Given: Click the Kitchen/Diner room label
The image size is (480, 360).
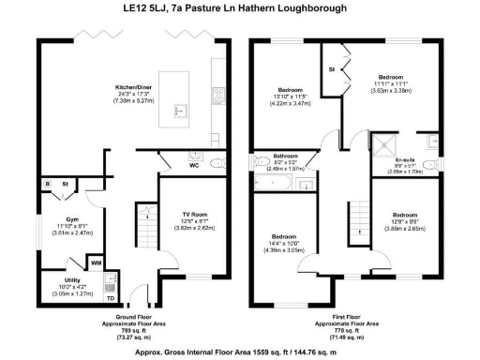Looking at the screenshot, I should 135,84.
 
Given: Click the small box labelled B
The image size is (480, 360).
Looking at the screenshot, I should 48,185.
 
